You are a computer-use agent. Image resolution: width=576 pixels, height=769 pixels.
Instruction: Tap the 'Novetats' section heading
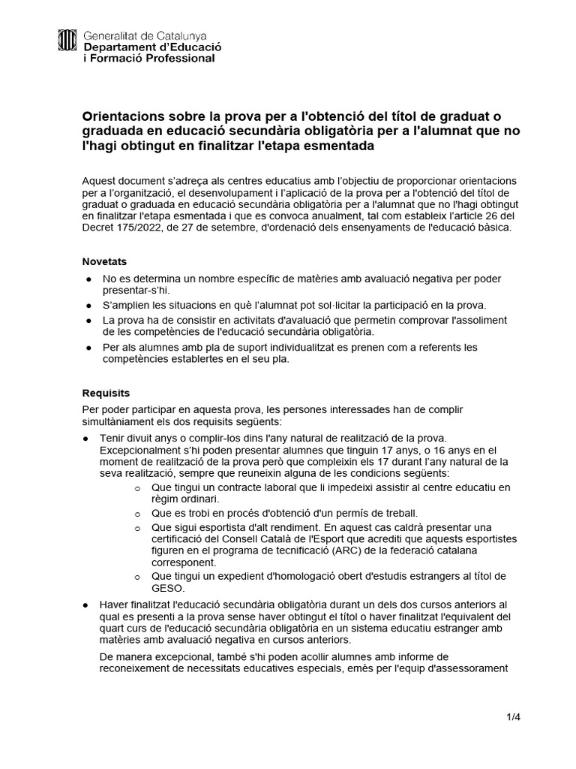[104, 261]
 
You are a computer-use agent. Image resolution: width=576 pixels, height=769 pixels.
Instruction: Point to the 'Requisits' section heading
[106, 393]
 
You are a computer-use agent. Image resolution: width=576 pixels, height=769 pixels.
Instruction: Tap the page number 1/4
[513, 716]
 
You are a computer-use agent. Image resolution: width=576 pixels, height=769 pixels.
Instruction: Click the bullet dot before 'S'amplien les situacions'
[88, 306]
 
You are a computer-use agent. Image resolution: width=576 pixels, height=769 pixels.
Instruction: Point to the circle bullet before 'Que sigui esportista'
[136, 527]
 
